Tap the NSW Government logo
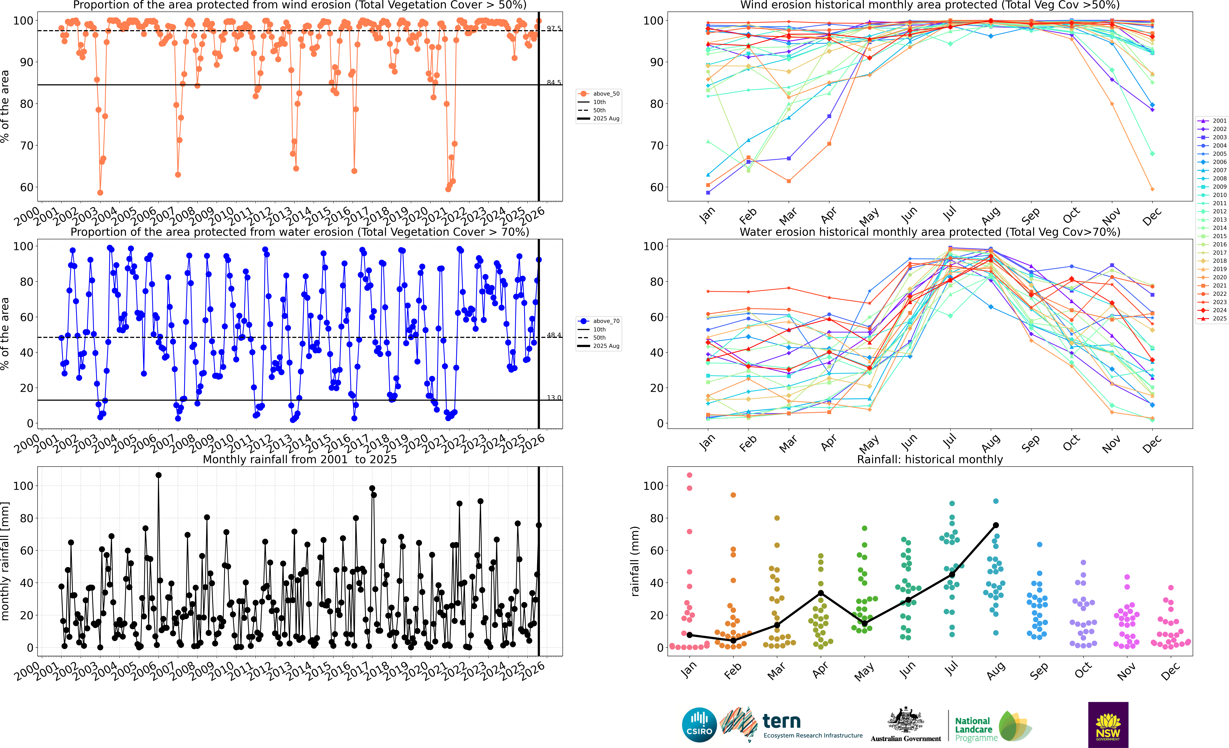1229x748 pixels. pyautogui.click(x=1108, y=725)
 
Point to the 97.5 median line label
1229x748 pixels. pyautogui.click(x=554, y=28)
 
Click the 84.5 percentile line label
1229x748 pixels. pyautogui.click(x=554, y=82)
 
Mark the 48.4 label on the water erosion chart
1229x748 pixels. pyautogui.click(x=554, y=335)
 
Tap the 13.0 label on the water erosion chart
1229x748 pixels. pyautogui.click(x=554, y=397)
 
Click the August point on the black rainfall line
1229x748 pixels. pyautogui.click(x=996, y=525)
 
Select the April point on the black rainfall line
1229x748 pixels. pyautogui.click(x=821, y=593)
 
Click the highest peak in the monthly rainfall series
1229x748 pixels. pyautogui.click(x=159, y=475)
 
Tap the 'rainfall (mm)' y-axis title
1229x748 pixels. pyautogui.click(x=635, y=561)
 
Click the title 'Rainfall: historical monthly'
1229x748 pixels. pyautogui.click(x=930, y=459)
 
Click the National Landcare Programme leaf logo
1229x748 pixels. pyautogui.click(x=1015, y=726)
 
